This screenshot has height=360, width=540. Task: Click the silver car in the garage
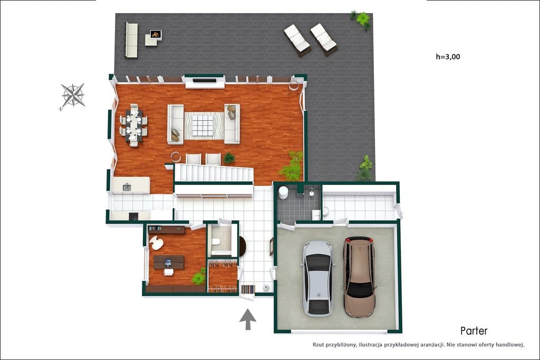[x=318, y=278]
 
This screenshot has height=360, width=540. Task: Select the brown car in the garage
[x=360, y=277]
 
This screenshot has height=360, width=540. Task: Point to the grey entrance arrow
[x=248, y=319]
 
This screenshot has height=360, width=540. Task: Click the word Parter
[x=474, y=331]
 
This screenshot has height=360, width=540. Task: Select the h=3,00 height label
[x=448, y=57]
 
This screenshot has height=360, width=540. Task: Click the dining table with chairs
[x=133, y=125]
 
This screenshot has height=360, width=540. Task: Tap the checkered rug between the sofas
[x=204, y=125]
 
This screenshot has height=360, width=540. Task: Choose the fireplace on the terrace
[x=156, y=35]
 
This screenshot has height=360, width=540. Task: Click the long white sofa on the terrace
[x=131, y=40]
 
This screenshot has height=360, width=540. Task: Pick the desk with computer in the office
[x=169, y=262]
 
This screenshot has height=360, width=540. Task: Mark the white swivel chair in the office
[x=157, y=242]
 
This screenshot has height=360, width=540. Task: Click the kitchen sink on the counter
[x=127, y=188]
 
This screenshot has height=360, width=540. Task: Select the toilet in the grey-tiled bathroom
[x=283, y=193]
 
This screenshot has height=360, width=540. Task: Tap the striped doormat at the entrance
[x=248, y=289]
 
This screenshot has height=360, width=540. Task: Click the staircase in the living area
[x=214, y=173]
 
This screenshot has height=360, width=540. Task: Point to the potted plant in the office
[x=199, y=277]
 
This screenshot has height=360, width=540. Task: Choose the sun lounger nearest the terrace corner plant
[x=324, y=39]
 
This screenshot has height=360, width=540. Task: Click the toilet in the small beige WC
[x=216, y=241]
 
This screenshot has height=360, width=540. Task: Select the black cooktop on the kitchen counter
[x=133, y=217]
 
